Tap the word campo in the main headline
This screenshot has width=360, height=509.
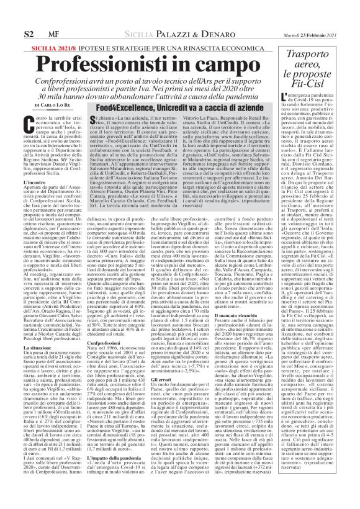pos(225,48)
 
